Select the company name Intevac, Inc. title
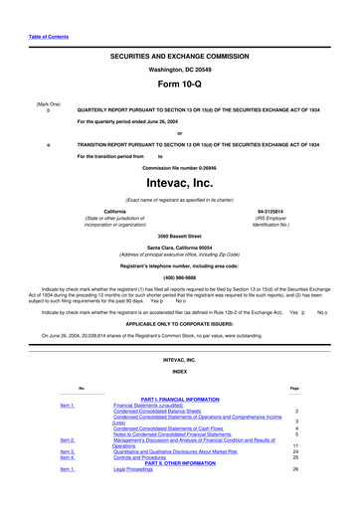[180, 183]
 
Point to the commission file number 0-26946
[180, 166]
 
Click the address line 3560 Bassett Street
[180, 235]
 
